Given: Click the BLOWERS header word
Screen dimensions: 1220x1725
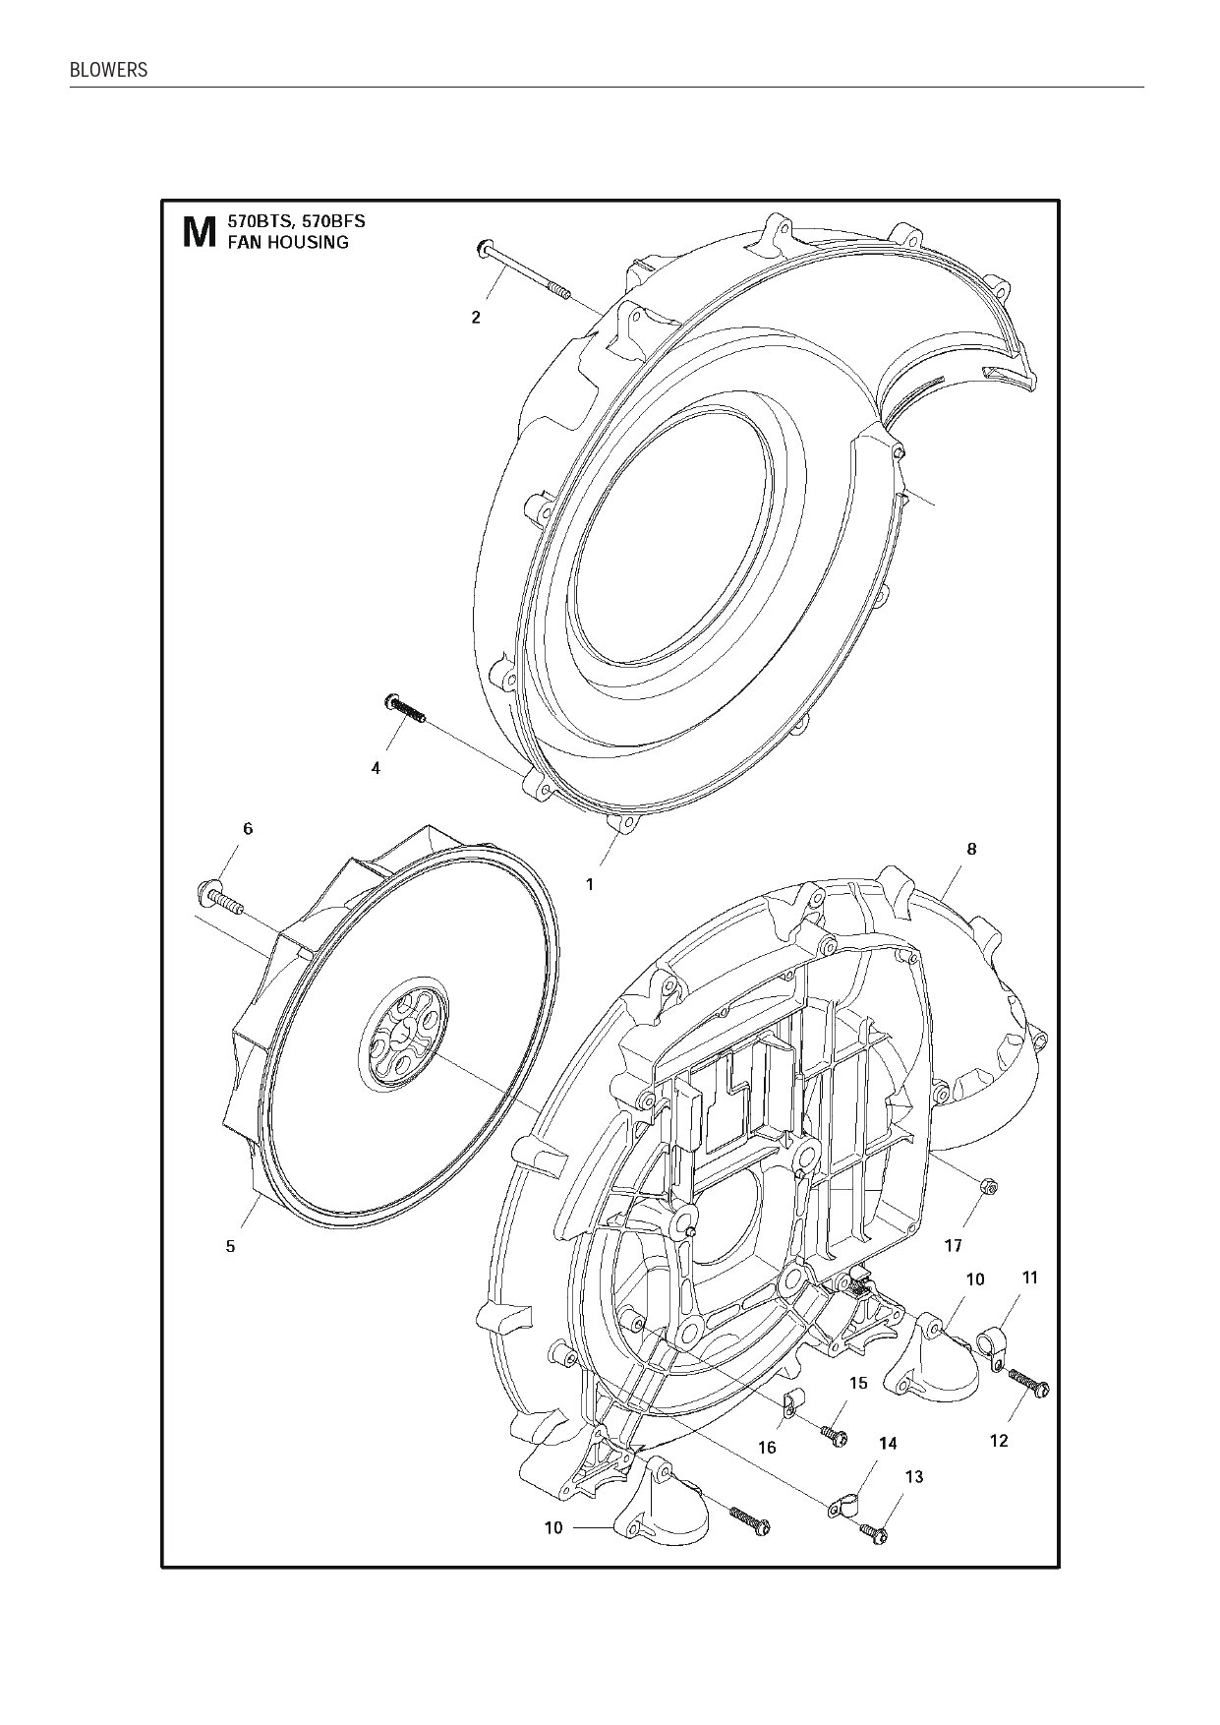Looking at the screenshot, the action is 108,71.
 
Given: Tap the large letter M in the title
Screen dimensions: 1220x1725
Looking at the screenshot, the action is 200,233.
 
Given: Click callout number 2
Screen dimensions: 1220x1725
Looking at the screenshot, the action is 476,318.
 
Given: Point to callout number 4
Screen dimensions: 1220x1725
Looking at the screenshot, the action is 376,769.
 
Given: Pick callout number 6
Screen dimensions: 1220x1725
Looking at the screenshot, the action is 248,829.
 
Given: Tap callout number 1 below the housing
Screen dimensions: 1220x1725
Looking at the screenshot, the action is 590,884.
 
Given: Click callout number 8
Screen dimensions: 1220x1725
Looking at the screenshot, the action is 971,850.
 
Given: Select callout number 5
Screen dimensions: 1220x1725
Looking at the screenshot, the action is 231,1246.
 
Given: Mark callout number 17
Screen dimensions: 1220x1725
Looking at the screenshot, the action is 953,1246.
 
